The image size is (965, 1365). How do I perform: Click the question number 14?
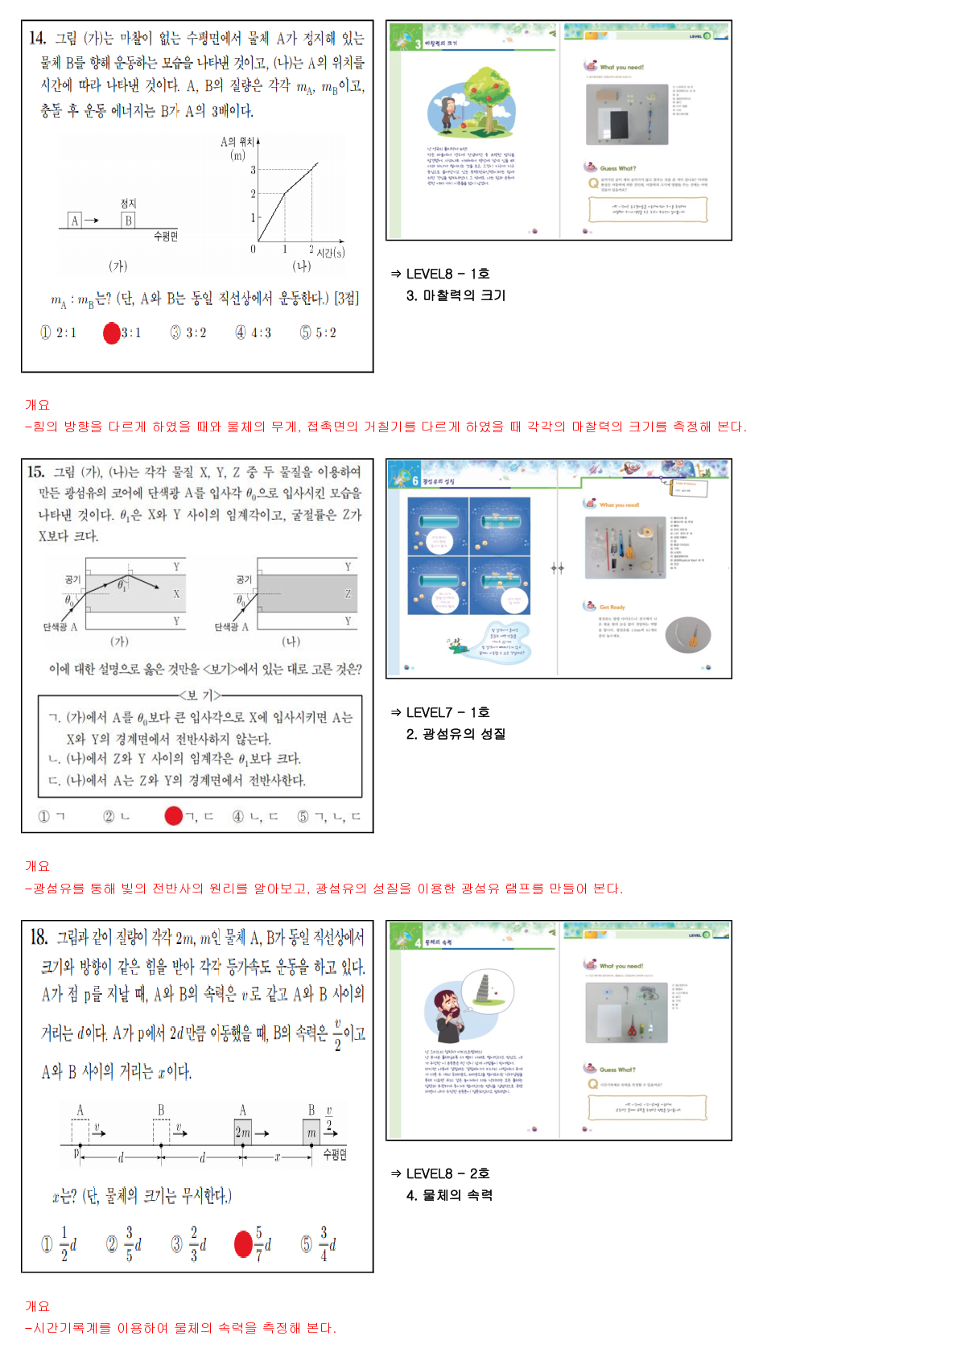click(x=37, y=38)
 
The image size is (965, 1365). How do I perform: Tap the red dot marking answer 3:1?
click(x=112, y=332)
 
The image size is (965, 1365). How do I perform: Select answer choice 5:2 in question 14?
click(x=318, y=332)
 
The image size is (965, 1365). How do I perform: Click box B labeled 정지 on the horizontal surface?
click(x=128, y=221)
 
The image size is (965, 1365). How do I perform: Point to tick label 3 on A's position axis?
click(x=253, y=170)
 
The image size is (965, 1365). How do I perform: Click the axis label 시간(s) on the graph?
click(x=330, y=253)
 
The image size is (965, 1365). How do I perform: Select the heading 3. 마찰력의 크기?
click(x=456, y=295)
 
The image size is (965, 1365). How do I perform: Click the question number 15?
click(x=35, y=472)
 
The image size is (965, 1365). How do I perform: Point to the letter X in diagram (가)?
click(x=176, y=594)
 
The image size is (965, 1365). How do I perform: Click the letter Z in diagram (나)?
click(x=348, y=594)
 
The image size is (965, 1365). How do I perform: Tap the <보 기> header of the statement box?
click(x=200, y=695)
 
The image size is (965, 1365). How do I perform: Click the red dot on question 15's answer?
click(x=174, y=816)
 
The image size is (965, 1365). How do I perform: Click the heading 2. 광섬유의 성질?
click(x=456, y=734)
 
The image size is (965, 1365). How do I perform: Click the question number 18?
click(x=39, y=937)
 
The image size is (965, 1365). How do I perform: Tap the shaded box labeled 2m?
click(x=242, y=1132)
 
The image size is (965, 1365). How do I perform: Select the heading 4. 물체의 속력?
click(x=449, y=1195)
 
